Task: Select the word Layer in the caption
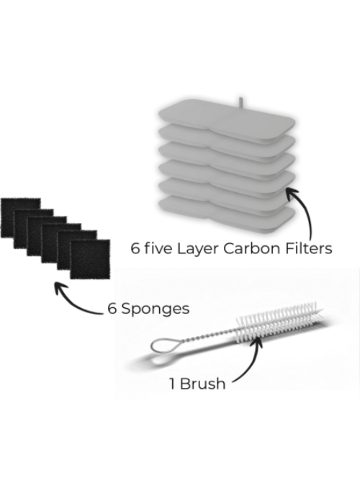point(197,249)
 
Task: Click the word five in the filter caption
point(158,248)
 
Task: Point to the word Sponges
point(156,309)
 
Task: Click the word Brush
point(203,384)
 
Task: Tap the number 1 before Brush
point(172,384)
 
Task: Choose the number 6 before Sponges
point(112,309)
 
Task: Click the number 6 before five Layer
point(135,248)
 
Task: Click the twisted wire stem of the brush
point(207,336)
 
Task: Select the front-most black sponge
point(90,259)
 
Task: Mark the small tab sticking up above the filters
point(240,103)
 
